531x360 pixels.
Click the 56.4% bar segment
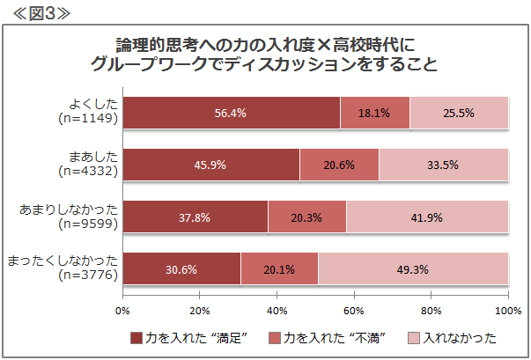pyautogui.click(x=232, y=113)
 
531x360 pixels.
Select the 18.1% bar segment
pyautogui.click(x=375, y=113)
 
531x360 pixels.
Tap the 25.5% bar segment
pyautogui.click(x=459, y=113)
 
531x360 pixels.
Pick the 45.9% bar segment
pyautogui.click(x=211, y=165)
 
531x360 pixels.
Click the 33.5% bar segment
pyautogui.click(x=444, y=165)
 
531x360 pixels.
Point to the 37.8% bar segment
pyautogui.click(x=195, y=217)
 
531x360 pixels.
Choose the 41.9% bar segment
pyautogui.click(x=427, y=217)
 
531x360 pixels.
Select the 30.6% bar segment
pyautogui.click(x=181, y=268)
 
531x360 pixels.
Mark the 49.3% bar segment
pyautogui.click(x=413, y=268)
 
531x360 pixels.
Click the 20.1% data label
pyautogui.click(x=279, y=269)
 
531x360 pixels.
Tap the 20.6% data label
pyautogui.click(x=339, y=165)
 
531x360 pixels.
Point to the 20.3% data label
pyautogui.click(x=306, y=217)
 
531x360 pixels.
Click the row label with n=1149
pyautogui.click(x=88, y=111)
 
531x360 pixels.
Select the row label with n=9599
pyautogui.click(x=69, y=217)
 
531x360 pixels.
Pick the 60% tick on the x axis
pyautogui.click(x=354, y=295)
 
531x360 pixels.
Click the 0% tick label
pyautogui.click(x=122, y=311)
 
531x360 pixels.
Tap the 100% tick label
pyautogui.click(x=508, y=311)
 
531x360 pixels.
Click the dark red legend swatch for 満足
pyautogui.click(x=136, y=338)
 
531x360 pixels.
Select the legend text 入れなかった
pyautogui.click(x=460, y=338)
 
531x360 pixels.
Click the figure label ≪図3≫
pyautogui.click(x=41, y=13)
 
